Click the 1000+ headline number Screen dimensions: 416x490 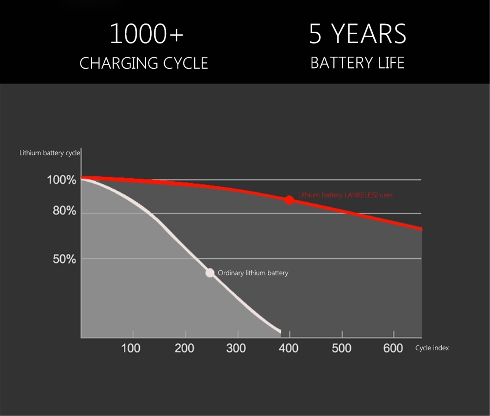tap(146, 34)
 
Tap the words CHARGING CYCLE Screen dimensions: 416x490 tap(144, 63)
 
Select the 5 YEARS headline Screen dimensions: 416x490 tap(357, 34)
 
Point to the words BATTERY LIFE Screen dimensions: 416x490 tap(357, 63)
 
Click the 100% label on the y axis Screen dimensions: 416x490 tap(62, 180)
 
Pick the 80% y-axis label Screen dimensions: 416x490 tap(64, 211)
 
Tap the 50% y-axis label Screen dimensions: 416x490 tap(64, 259)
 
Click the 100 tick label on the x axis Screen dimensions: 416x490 tap(131, 348)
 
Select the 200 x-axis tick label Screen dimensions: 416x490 tap(184, 348)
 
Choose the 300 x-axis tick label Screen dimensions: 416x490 tap(236, 348)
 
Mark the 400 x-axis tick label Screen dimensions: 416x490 tap(288, 348)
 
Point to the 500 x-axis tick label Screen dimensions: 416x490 tap(341, 348)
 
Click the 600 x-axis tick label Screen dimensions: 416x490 tap(393, 348)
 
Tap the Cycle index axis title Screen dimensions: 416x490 tap(432, 348)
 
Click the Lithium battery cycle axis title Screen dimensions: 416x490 tap(50, 153)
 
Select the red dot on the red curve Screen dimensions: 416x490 tap(289, 200)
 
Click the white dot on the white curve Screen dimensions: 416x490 tap(210, 273)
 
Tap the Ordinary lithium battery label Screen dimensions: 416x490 tap(253, 273)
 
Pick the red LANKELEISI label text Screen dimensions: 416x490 tap(345, 195)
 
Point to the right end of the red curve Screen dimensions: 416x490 tap(421, 229)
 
